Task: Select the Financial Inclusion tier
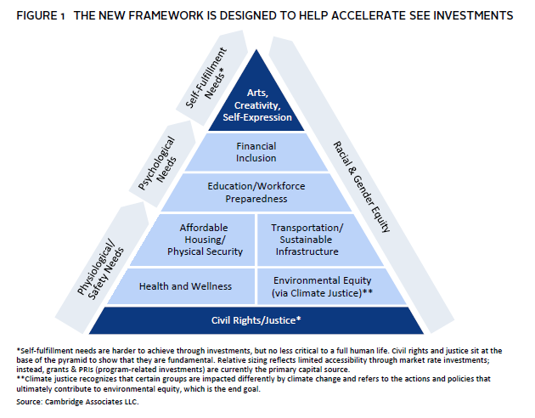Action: (x=256, y=152)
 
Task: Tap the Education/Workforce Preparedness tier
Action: (x=256, y=192)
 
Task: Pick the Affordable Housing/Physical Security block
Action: (x=205, y=240)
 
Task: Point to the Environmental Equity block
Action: (x=321, y=286)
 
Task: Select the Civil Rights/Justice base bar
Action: (x=256, y=320)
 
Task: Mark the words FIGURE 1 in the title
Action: (x=39, y=16)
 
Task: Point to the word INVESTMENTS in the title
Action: (x=476, y=16)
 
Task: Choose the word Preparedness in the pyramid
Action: (x=256, y=199)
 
